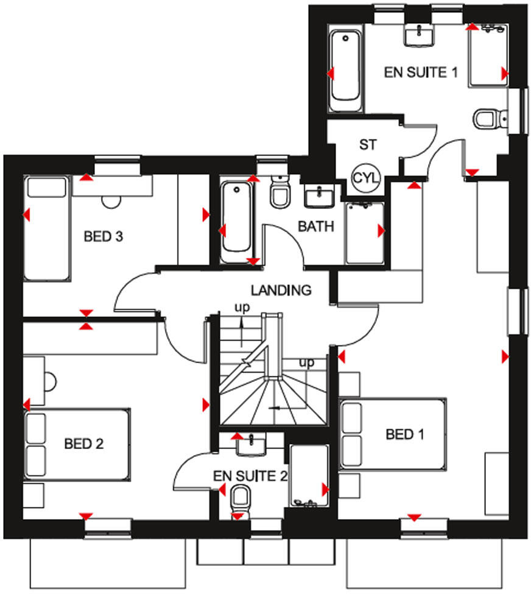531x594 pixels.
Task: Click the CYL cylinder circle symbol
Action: coord(366,179)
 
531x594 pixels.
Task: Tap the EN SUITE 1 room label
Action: coord(420,72)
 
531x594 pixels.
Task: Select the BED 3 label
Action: coord(104,236)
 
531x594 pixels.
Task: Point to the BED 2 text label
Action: coord(84,444)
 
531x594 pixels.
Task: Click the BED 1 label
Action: coord(405,434)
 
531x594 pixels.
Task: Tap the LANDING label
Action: coord(281,291)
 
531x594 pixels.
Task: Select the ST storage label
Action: coord(368,145)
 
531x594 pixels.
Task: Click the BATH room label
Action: coord(316,227)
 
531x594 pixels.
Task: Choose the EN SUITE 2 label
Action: coord(250,476)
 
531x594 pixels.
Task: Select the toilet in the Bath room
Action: coord(280,192)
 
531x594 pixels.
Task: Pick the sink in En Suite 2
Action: coord(250,447)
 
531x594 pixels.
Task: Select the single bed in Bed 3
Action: coord(46,228)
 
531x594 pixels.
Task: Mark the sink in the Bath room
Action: coord(318,196)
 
